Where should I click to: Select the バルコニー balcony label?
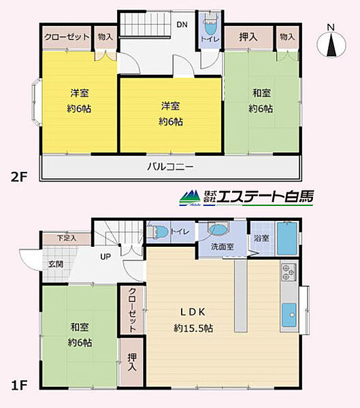pos(171,167)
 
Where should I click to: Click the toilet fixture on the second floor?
pos(210,31)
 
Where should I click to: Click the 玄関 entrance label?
pos(55,263)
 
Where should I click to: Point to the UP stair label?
pos(105,257)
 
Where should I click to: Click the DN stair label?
pos(182,25)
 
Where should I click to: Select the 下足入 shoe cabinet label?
pos(66,238)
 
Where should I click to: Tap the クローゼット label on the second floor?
pos(67,37)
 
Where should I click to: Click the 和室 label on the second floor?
pos(261,93)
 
